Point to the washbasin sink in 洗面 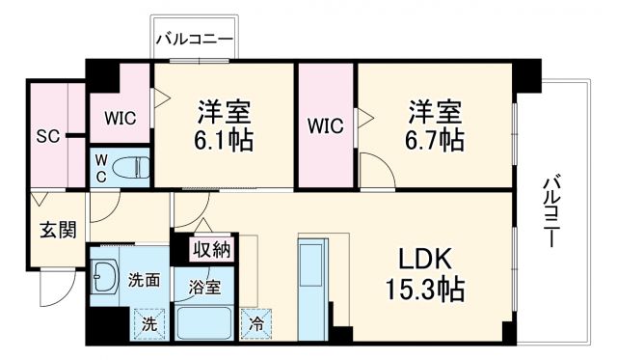(105, 280)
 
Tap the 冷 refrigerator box (255, 322)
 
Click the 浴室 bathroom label (204, 287)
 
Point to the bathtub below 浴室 (203, 322)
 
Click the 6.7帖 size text (434, 140)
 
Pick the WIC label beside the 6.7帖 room (325, 125)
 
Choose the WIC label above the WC (121, 119)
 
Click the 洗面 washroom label (144, 281)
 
